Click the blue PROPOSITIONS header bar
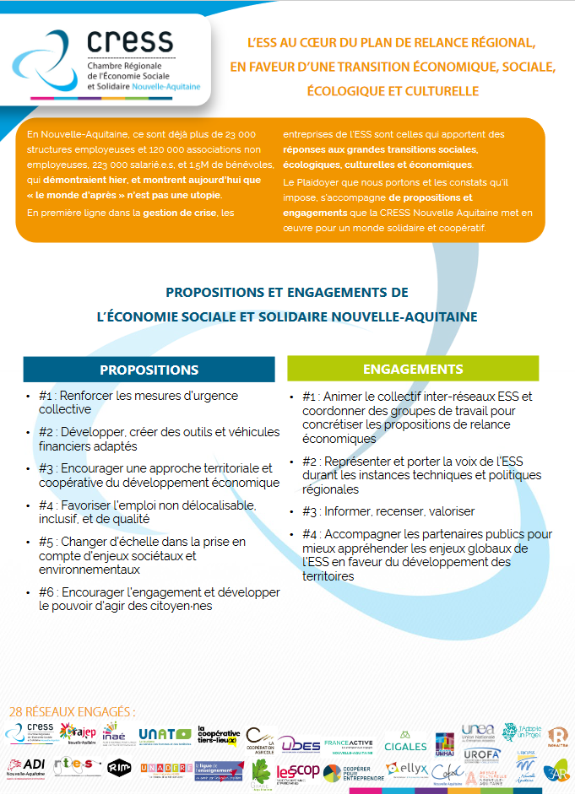point(149,370)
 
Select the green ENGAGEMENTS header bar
point(412,369)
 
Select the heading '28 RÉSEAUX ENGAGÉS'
point(71,711)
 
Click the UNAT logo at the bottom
point(165,735)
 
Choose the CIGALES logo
point(405,745)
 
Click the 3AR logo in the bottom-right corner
point(556,772)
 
